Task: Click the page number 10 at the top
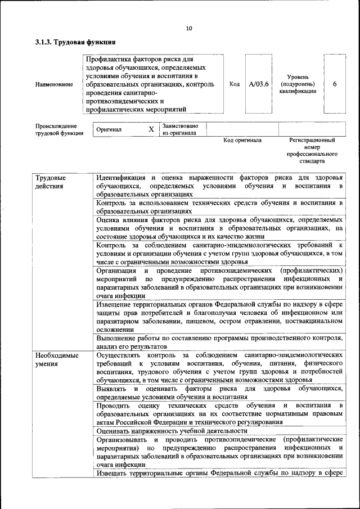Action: coord(188,29)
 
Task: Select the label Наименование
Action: coord(54,84)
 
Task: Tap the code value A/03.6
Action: coord(259,84)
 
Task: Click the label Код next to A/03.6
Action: coord(235,84)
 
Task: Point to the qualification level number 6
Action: coord(335,84)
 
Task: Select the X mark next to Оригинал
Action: coord(151,129)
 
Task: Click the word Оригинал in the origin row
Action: coord(109,129)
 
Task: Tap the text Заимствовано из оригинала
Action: coord(180,129)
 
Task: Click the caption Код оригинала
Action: coord(242,140)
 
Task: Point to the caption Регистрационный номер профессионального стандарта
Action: coord(312,150)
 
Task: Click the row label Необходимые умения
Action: coord(55,360)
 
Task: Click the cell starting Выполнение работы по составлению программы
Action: coord(219,342)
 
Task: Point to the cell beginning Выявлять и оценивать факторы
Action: coord(219,393)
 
